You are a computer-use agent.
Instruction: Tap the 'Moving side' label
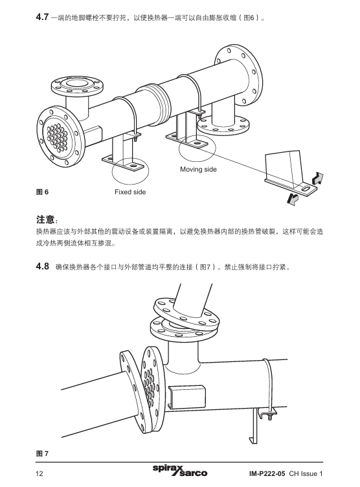tap(198, 170)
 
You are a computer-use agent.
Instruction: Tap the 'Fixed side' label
tap(130, 192)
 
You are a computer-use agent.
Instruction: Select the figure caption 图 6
tap(42, 192)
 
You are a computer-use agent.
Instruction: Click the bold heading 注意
tap(47, 220)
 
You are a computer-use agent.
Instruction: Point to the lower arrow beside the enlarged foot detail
tap(293, 198)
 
